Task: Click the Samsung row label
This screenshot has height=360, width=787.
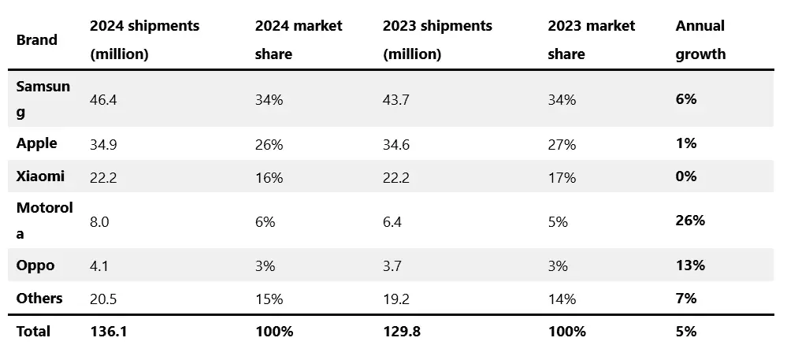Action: [x=43, y=99]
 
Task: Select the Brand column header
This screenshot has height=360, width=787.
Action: [x=37, y=39]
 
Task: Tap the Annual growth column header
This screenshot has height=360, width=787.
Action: [x=700, y=39]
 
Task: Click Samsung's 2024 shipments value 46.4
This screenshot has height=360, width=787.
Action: [x=103, y=100]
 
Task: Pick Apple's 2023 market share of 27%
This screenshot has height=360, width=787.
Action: [x=562, y=145]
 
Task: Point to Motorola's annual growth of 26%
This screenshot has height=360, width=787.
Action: [x=690, y=220]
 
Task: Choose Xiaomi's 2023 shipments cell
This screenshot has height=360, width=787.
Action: [x=396, y=177]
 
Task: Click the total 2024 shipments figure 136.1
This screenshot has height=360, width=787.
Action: [x=109, y=332]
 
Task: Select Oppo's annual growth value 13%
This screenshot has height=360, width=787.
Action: [x=690, y=265]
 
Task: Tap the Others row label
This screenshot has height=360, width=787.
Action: [x=39, y=299]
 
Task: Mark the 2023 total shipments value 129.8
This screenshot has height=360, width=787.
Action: [x=401, y=332]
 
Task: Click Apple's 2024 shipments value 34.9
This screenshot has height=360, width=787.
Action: [x=103, y=145]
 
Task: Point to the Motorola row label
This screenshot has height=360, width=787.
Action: [x=45, y=220]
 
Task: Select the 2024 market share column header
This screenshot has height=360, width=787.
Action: [x=299, y=39]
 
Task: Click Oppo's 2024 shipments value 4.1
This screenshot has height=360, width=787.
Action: [x=99, y=265]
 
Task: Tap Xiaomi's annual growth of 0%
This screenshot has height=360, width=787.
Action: [x=685, y=176]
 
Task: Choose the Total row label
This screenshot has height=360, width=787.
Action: [x=34, y=332]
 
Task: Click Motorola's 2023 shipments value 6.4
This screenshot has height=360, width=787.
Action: [x=392, y=221]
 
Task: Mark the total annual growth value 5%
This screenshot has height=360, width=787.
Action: [x=685, y=332]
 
